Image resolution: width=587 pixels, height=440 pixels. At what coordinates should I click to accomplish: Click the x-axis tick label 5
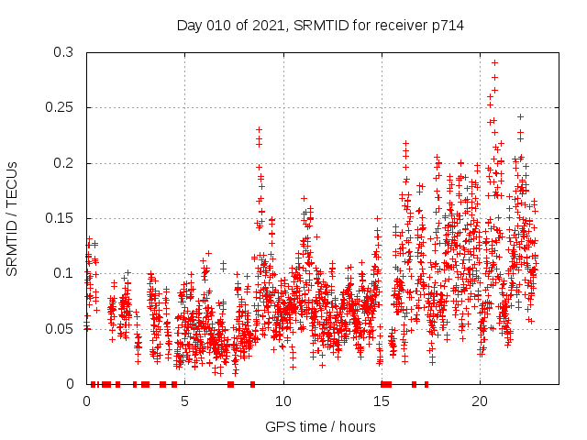pyautogui.click(x=184, y=401)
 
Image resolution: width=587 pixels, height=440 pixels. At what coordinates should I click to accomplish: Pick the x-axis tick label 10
pyautogui.click(x=282, y=401)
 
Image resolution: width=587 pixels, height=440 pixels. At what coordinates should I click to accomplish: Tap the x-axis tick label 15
pyautogui.click(x=381, y=401)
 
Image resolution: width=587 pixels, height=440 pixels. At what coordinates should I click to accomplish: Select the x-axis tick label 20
pyautogui.click(x=479, y=401)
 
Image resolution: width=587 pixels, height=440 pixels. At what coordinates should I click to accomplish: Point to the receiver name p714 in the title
pyautogui.click(x=447, y=26)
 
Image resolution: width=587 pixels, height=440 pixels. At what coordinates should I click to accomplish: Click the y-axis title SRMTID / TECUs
pyautogui.click(x=12, y=218)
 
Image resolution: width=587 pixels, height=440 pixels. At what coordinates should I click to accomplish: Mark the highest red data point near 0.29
pyautogui.click(x=495, y=63)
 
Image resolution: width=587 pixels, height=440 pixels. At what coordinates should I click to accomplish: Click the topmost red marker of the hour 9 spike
pyautogui.click(x=260, y=130)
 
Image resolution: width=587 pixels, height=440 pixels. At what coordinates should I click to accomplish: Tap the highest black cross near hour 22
pyautogui.click(x=520, y=116)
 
